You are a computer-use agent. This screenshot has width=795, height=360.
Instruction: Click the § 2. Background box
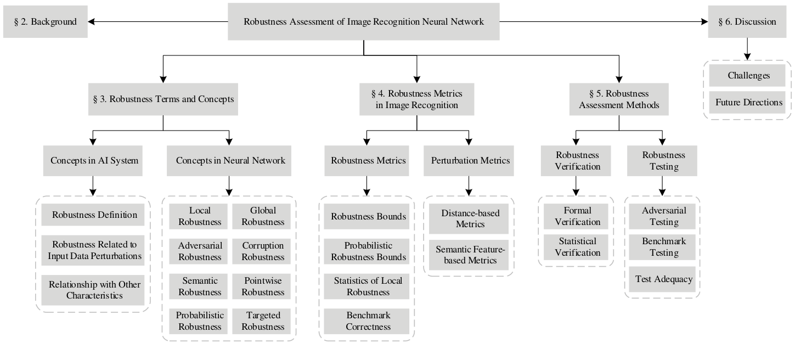tap(45, 22)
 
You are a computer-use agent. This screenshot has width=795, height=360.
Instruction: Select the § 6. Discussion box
tap(747, 22)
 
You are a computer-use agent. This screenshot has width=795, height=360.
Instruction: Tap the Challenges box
tap(748, 76)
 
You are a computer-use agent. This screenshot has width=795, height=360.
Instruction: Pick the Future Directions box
tap(748, 102)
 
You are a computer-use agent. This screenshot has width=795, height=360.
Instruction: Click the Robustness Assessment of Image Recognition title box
tap(364, 22)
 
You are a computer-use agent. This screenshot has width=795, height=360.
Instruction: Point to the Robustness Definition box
tap(94, 215)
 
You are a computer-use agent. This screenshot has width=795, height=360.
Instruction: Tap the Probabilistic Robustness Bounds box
tap(367, 251)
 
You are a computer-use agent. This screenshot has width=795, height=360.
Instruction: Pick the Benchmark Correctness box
tap(367, 321)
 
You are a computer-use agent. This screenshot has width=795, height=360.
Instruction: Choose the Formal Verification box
tap(577, 216)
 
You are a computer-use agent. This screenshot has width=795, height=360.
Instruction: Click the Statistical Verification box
tap(577, 247)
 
